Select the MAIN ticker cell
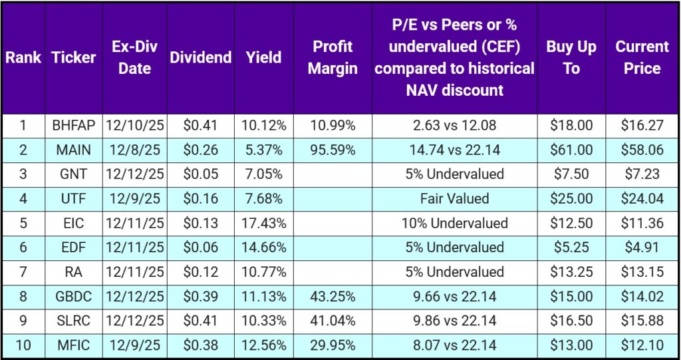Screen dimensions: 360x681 [73, 150]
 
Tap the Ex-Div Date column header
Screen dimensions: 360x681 [134, 57]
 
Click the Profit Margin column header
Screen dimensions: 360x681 [332, 57]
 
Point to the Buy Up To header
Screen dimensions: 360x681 [571, 57]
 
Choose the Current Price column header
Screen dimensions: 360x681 [642, 57]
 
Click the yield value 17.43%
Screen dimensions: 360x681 [264, 223]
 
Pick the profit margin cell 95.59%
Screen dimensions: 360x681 [332, 150]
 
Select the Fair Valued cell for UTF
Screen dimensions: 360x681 [454, 198]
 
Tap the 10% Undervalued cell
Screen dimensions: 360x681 [454, 223]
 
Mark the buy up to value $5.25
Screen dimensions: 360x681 [571, 247]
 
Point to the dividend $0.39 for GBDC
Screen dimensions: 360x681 [200, 296]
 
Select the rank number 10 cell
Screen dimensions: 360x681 [23, 345]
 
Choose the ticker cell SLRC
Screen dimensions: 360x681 [73, 320]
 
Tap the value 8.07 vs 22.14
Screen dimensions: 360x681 [454, 345]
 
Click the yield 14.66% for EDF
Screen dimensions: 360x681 [264, 247]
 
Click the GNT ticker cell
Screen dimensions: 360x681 [73, 174]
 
